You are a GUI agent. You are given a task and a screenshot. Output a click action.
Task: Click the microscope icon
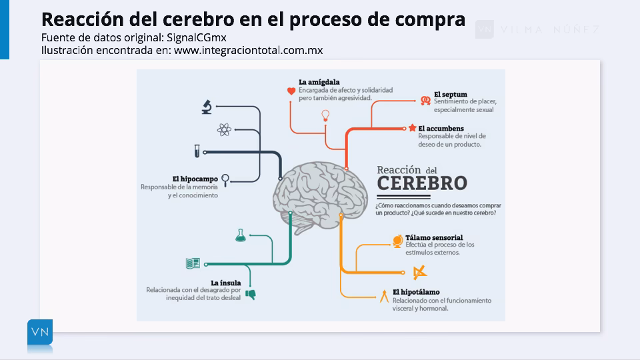pos(207,107)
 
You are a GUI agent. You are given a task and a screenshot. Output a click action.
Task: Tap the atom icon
pos(223,129)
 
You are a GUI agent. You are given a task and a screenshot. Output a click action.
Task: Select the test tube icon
pos(197,151)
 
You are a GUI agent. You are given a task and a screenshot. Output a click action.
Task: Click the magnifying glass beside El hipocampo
pos(227,179)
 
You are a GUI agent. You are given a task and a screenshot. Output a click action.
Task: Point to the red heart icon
pos(291,91)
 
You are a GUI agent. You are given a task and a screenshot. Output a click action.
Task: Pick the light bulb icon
pos(325,115)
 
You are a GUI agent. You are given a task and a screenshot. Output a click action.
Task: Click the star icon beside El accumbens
pos(413,128)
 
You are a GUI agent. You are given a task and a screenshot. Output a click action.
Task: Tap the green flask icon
pos(240,235)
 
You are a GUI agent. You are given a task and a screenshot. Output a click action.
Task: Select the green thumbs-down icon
pos(251,294)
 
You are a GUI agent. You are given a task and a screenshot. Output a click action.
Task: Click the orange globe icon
pos(397,240)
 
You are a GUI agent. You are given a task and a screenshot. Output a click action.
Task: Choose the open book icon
pos(193,263)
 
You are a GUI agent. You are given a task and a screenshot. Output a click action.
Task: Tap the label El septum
pos(450,95)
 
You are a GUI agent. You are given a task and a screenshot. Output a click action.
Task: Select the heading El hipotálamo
pos(416,292)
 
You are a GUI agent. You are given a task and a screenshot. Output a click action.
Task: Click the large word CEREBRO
pos(421,183)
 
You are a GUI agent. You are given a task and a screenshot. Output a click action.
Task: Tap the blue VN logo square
pos(40,332)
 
